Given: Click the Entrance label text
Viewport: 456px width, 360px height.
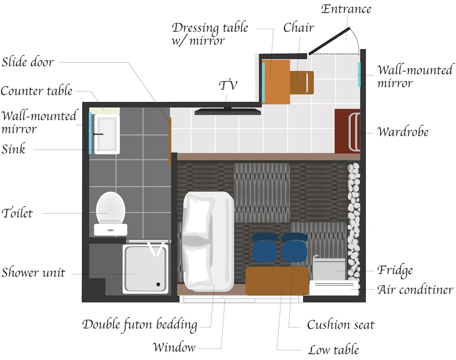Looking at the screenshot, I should point(346,9).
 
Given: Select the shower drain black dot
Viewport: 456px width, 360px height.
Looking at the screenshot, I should point(158,284).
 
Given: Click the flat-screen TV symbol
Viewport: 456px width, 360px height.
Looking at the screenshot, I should point(228,111).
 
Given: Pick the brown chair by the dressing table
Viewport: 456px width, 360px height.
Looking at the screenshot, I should point(302,82).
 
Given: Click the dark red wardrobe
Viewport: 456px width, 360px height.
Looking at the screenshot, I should point(347,131).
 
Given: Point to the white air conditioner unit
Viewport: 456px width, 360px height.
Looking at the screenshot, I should point(333,288).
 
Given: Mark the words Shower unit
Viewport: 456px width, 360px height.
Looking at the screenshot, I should point(33,273).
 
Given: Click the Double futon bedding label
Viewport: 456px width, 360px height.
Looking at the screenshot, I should point(140,325).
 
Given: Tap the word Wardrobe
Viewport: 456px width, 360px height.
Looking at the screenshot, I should point(403,132).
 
